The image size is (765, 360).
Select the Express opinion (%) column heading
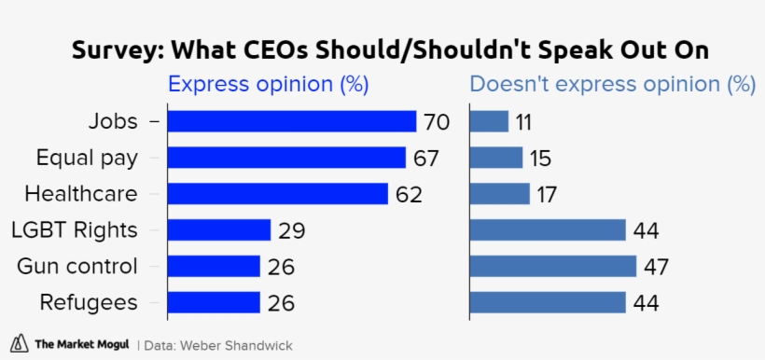coord(268,85)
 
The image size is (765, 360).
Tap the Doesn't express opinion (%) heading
coord(612,85)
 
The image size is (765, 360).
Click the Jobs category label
coord(113,122)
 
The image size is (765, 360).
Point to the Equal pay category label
coord(87,158)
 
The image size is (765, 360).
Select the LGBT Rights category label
coord(74,230)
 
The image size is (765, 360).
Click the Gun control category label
coord(77,267)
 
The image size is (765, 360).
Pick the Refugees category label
coord(89,302)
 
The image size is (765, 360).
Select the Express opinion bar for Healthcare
coord(277,194)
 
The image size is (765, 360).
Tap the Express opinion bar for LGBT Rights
coord(218,230)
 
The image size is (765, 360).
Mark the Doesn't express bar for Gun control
coord(552,267)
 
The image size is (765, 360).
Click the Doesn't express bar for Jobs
coord(489,122)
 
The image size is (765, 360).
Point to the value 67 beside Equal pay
coord(426,159)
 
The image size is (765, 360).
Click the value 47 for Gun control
coord(657,267)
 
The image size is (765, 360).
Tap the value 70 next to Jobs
coord(437,122)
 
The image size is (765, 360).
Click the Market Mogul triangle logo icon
coord(20,343)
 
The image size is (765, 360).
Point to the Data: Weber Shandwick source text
coord(217,345)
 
